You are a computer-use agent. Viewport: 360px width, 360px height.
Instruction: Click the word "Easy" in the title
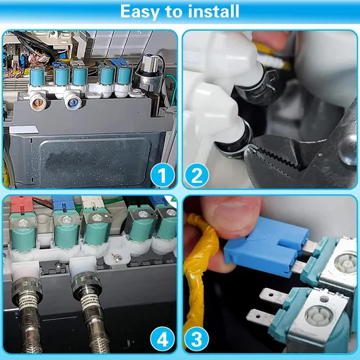coord(139,12)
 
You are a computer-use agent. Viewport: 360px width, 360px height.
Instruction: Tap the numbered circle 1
coord(163,175)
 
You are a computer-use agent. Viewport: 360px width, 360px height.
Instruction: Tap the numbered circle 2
coord(197,175)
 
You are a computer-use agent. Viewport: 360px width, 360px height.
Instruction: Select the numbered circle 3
coord(197,339)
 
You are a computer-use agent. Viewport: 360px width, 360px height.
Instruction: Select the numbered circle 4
coord(163,339)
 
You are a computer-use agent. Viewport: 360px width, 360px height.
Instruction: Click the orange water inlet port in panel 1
coord(38,103)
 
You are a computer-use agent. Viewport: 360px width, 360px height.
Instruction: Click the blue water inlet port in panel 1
coord(72,102)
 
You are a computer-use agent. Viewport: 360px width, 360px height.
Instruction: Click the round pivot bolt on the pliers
coord(348,149)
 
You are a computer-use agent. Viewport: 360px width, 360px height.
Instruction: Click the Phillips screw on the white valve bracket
coord(117,258)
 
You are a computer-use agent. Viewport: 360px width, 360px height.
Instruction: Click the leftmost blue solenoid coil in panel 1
coord(37,76)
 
